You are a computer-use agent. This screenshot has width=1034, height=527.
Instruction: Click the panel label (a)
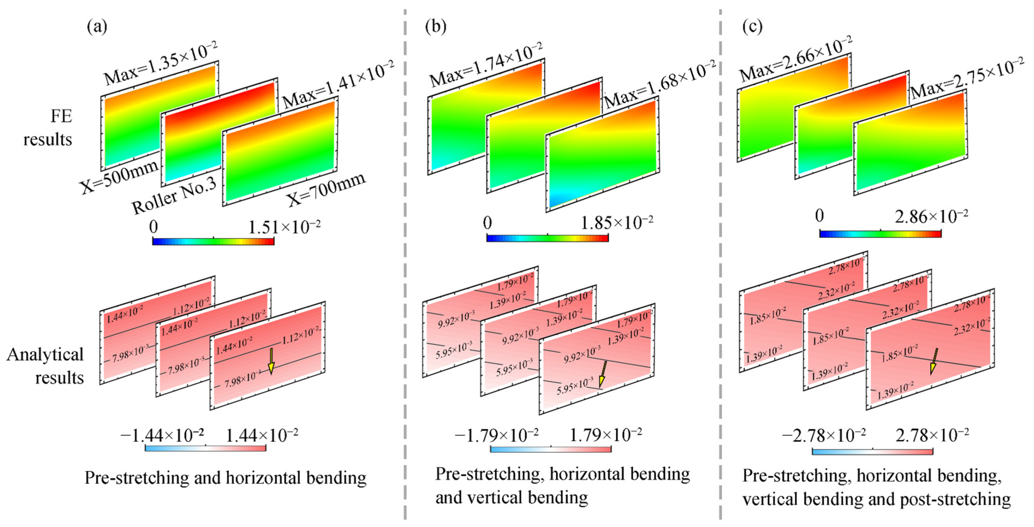(x=97, y=27)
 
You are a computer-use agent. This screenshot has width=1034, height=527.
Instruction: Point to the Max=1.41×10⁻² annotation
(x=338, y=84)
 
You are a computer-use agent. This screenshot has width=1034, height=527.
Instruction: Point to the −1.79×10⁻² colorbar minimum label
(x=496, y=434)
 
